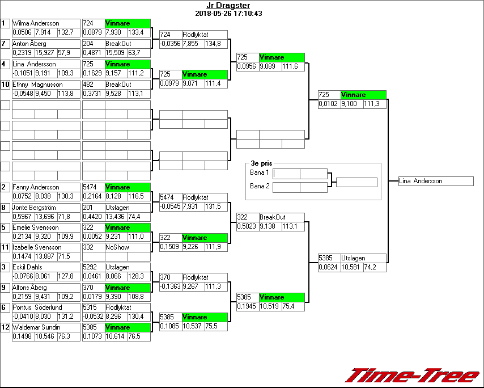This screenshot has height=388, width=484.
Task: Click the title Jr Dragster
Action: [228, 6]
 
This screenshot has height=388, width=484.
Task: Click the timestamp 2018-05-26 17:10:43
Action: [228, 13]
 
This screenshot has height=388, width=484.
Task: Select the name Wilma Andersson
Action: [36, 23]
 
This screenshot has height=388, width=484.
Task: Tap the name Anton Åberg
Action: [29, 44]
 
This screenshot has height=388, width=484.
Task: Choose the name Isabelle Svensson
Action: [37, 247]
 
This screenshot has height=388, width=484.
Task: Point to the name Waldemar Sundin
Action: [36, 327]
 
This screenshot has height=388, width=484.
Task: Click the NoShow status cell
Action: [117, 247]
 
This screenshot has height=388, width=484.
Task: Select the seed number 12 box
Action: [5, 327]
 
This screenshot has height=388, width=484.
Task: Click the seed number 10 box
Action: [5, 85]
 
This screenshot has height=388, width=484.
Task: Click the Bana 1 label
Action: [259, 172]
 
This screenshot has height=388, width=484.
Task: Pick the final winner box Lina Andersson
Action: [436, 182]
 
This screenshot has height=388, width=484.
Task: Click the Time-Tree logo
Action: [413, 376]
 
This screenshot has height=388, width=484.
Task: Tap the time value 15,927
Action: [45, 53]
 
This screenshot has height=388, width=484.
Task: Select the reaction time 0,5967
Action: [23, 217]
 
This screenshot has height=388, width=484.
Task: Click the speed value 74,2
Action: [371, 267]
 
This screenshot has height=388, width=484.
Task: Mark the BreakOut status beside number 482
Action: [118, 85]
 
